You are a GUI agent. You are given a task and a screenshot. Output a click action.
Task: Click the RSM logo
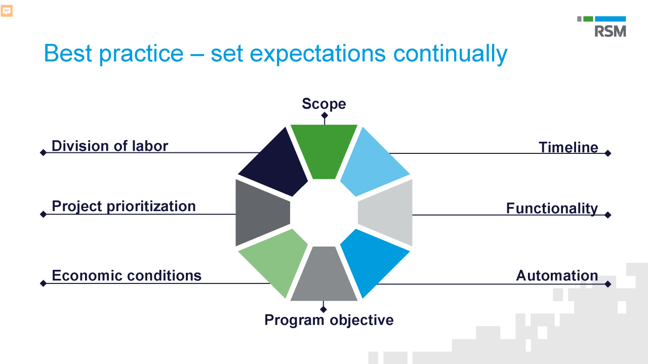[x=601, y=27]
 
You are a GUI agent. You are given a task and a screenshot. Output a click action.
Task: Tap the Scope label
[x=324, y=104]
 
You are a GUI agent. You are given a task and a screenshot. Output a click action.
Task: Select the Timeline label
[x=568, y=147]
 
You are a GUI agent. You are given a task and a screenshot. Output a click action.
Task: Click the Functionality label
[x=552, y=209]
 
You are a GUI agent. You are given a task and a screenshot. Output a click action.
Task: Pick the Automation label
[x=557, y=276]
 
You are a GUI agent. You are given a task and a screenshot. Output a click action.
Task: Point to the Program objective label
[x=329, y=320]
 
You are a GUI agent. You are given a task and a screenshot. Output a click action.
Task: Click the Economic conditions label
[x=127, y=275]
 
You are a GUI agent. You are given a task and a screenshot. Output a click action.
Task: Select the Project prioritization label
[x=124, y=206]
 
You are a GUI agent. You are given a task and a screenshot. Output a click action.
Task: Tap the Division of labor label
[x=110, y=146]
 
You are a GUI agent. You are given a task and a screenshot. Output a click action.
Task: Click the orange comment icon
[x=7, y=11]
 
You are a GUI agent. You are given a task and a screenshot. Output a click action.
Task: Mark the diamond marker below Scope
[x=324, y=116]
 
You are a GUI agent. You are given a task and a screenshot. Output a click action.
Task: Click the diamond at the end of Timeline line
[x=608, y=153]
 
